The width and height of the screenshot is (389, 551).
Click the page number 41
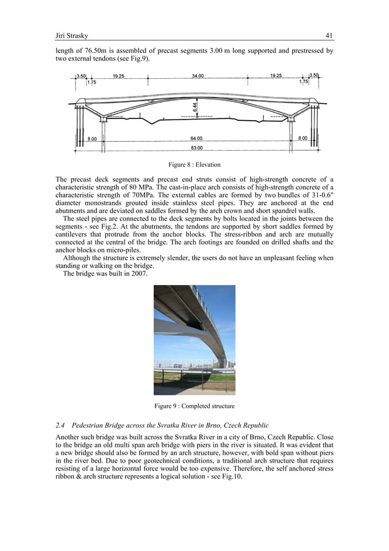(329, 35)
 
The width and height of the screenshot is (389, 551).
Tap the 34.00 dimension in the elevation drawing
(198, 76)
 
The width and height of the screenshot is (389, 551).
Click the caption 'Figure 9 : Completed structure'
(194, 406)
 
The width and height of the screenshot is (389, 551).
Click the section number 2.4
(60, 424)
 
